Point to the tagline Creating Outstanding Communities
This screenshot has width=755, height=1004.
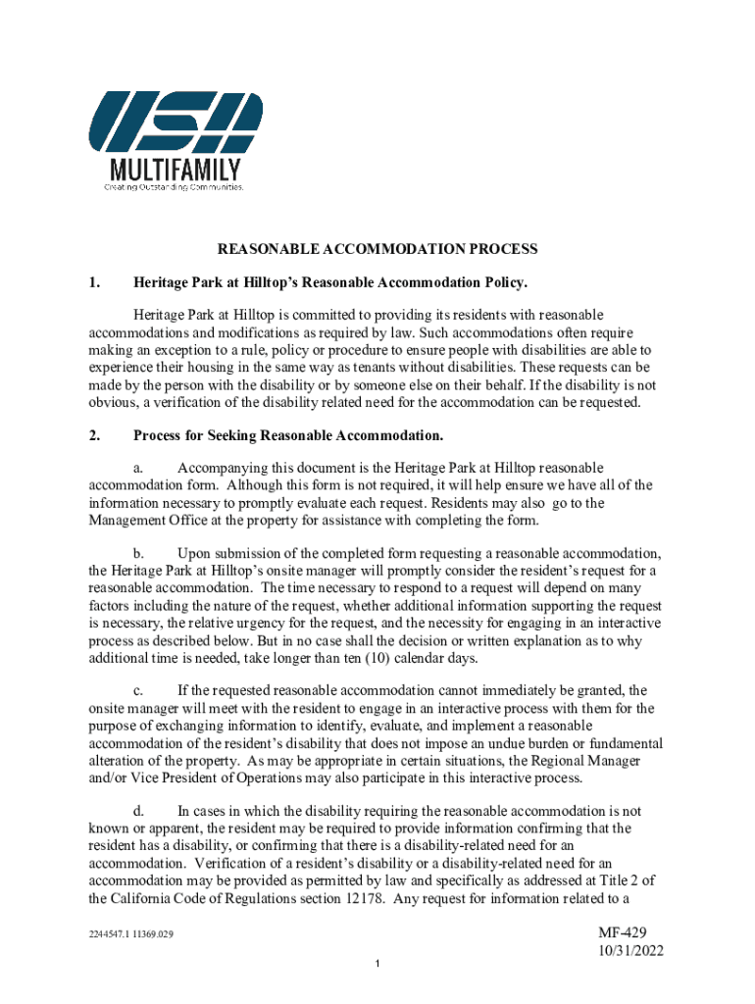coord(175,186)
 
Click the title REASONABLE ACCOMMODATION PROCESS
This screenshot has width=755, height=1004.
coord(377,250)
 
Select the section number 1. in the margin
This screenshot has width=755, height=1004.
coord(94,283)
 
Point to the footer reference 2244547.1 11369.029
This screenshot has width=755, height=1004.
coord(130,934)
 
